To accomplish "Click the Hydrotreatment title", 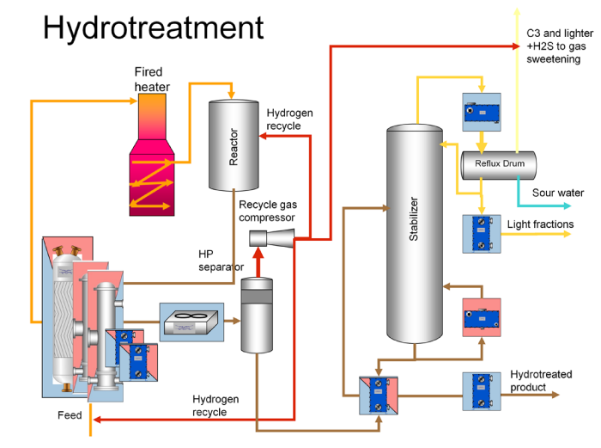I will click(x=154, y=28).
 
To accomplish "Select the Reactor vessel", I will click(x=233, y=145).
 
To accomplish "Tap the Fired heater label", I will click(x=152, y=80).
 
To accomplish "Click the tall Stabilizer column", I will click(x=414, y=233).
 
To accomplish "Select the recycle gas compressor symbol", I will click(x=271, y=233).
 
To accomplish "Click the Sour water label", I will click(x=557, y=193).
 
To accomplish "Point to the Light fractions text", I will click(x=540, y=225).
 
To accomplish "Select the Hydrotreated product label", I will click(x=541, y=381).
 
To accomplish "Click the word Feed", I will click(x=70, y=415).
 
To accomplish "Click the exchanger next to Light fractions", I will click(x=481, y=233).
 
